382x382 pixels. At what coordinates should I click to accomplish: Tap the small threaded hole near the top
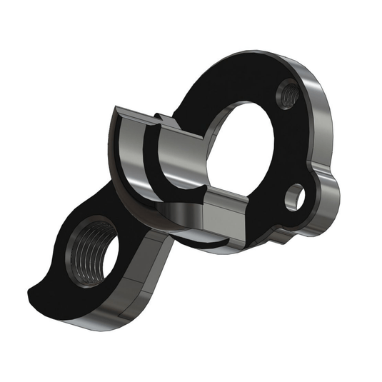pos(287,92)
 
